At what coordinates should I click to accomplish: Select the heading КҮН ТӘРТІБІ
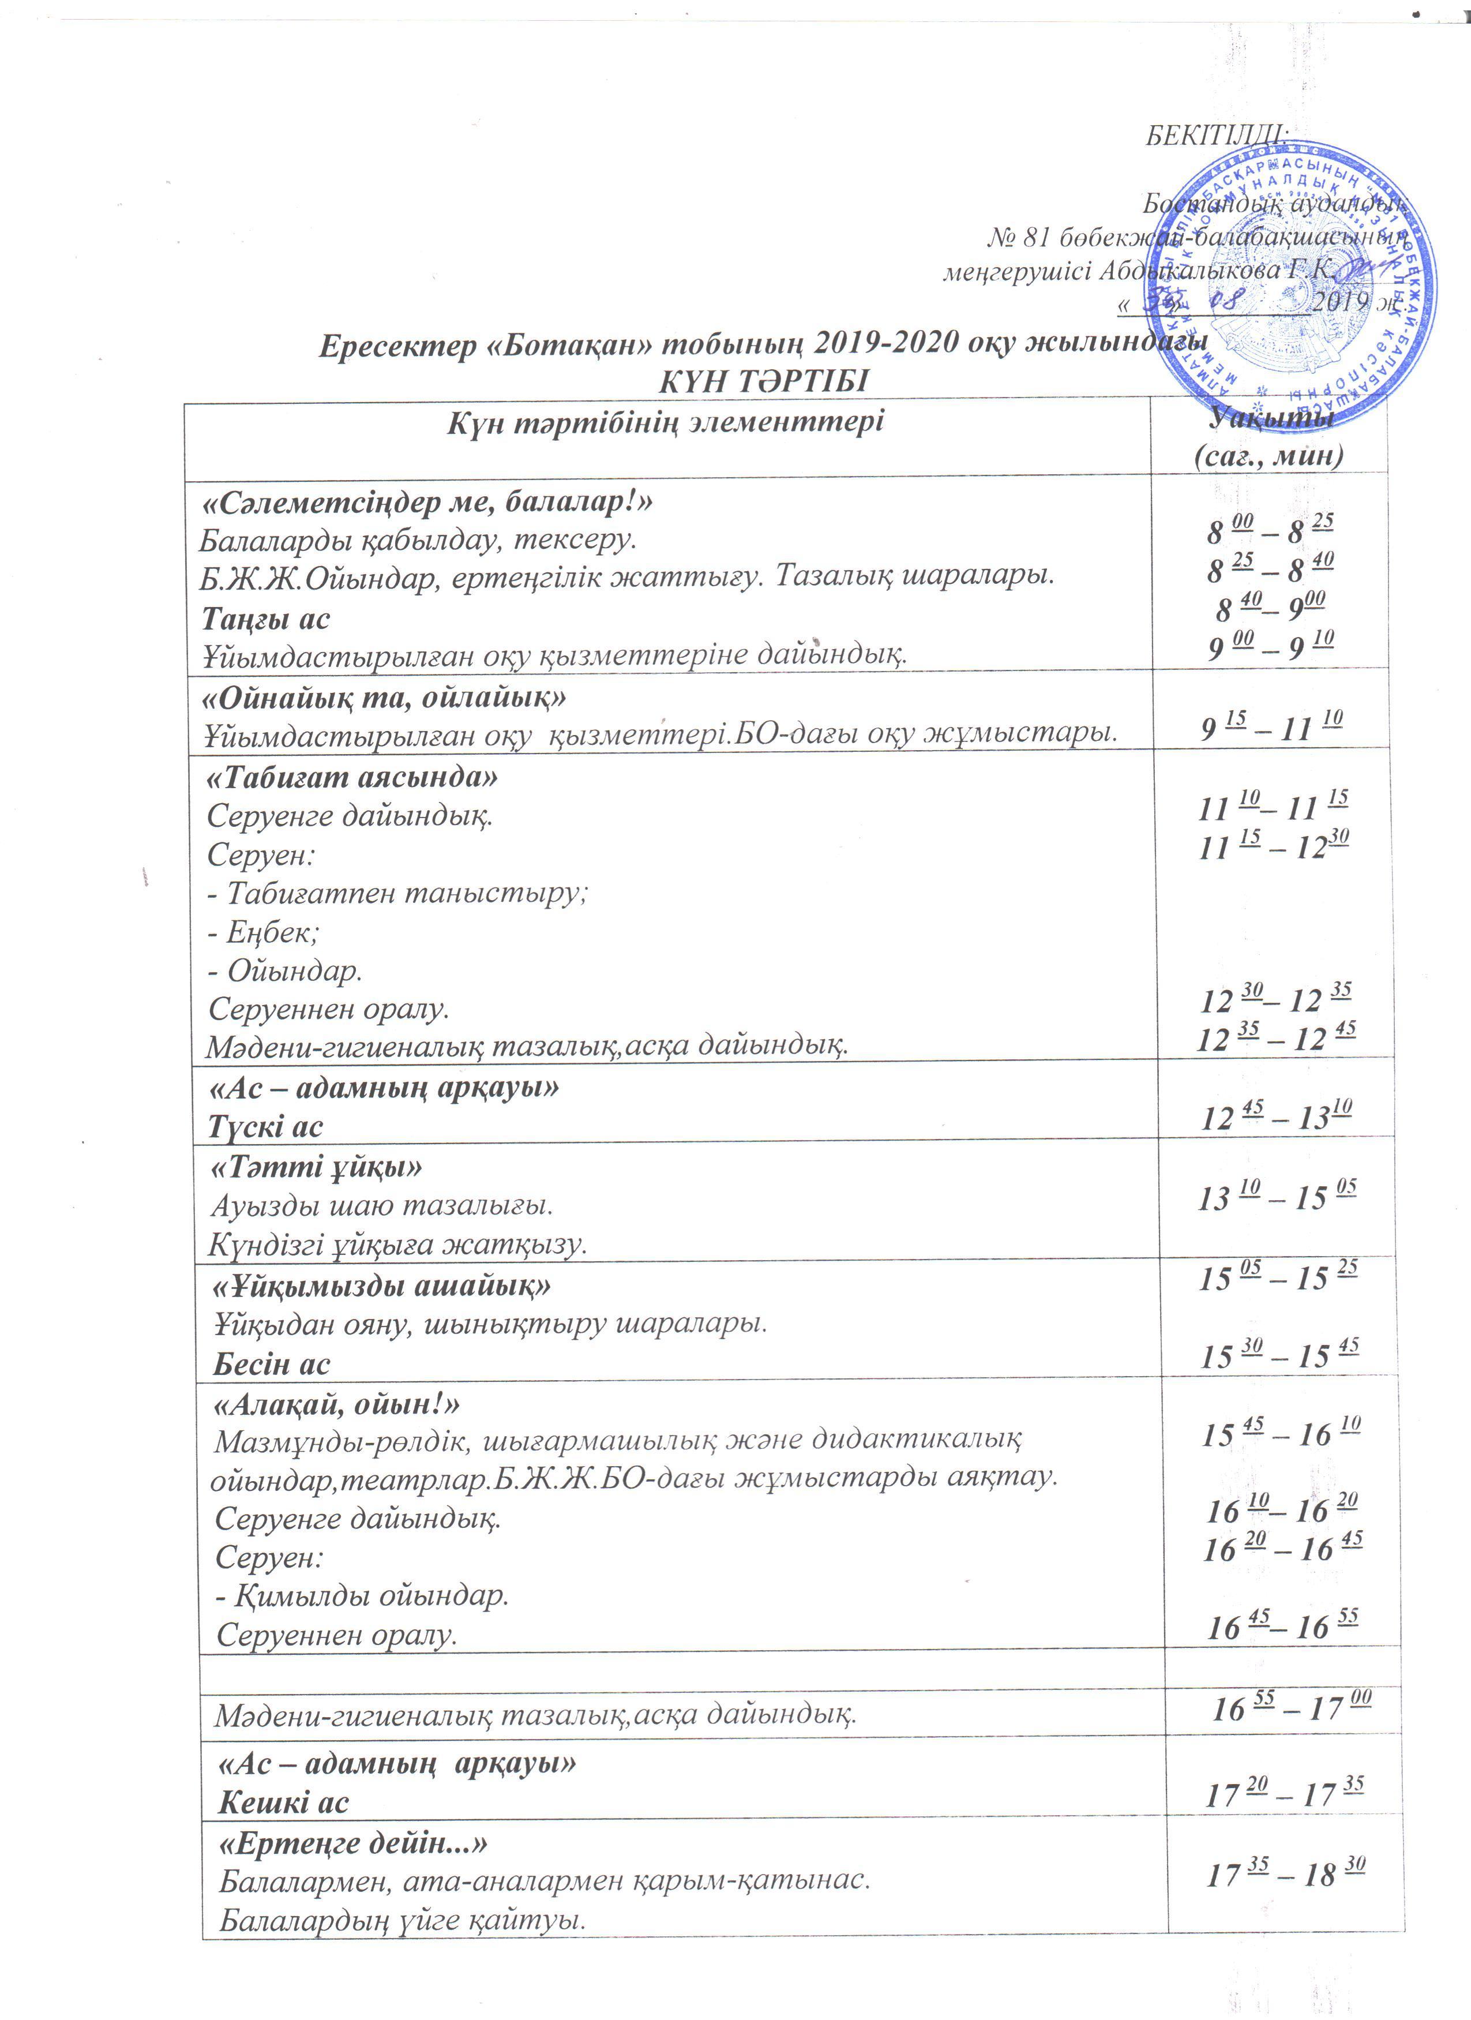(763, 381)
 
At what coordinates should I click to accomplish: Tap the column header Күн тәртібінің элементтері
(665, 421)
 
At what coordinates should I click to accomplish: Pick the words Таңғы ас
(265, 617)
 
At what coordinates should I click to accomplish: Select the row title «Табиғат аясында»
(352, 778)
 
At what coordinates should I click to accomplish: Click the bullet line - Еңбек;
(264, 932)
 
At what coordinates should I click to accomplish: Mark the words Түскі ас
(265, 1127)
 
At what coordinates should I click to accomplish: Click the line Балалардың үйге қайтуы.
(403, 1920)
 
